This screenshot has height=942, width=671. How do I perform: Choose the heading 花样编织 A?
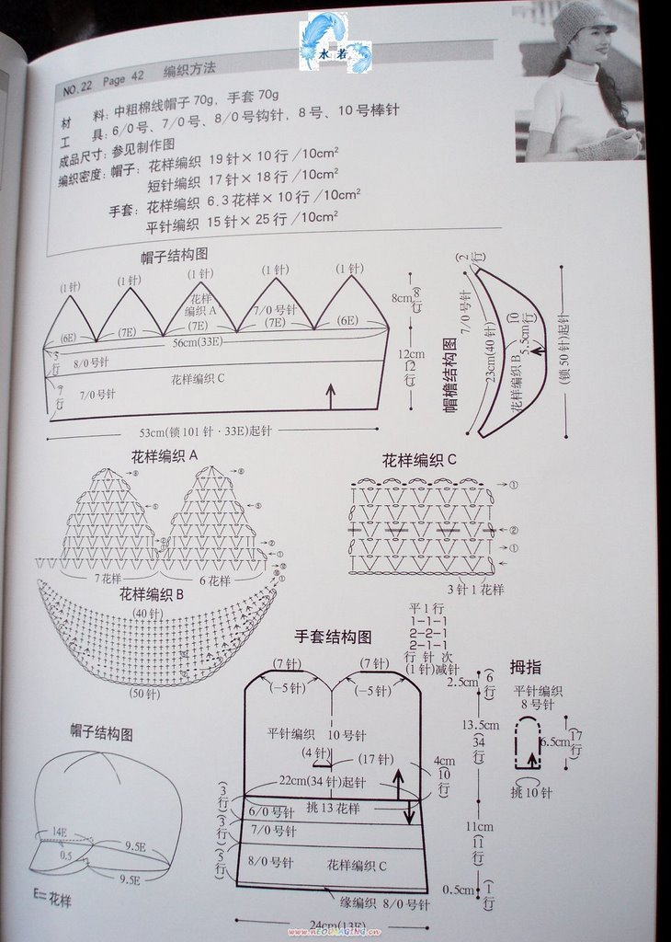(165, 454)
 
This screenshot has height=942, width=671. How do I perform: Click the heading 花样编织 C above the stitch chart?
(419, 460)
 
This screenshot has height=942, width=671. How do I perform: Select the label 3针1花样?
(474, 588)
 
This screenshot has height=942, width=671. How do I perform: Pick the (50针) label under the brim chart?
(144, 693)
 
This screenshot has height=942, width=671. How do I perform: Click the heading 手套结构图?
(333, 637)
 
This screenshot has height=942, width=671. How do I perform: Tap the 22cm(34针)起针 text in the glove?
(323, 781)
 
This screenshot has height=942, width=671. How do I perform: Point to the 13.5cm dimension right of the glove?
(481, 725)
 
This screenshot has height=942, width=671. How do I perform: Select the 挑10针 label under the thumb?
(531, 791)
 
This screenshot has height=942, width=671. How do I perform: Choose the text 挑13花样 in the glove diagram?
(333, 808)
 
